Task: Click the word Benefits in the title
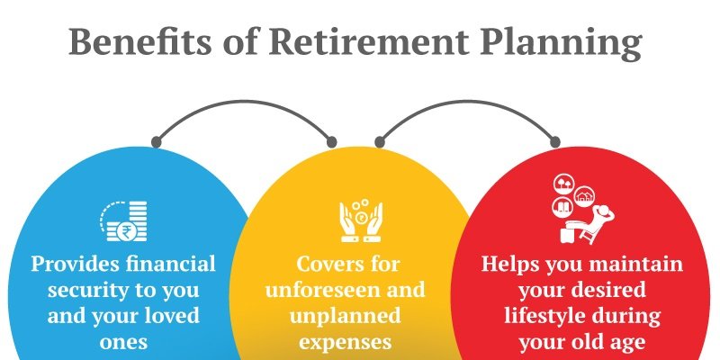point(140,41)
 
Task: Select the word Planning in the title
point(561,44)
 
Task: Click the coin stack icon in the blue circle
point(123,220)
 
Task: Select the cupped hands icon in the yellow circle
point(361,220)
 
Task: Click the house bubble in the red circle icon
point(584,196)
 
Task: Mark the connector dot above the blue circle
point(157,142)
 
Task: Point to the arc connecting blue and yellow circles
point(244,103)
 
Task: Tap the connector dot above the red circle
point(554,142)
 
